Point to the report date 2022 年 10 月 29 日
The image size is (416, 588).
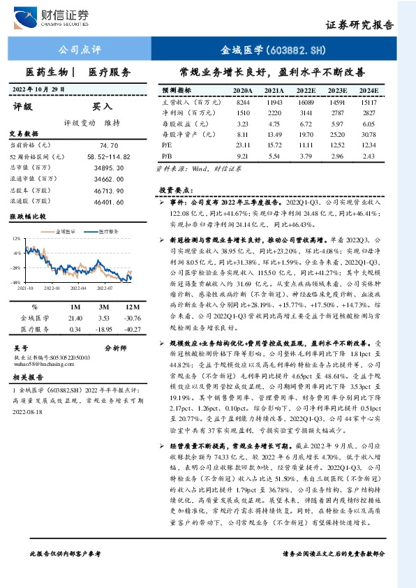pos(43,89)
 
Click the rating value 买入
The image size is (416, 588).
pos(102,107)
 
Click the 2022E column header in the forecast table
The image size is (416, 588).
pos(305,91)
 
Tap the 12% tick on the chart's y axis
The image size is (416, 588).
pos(16,239)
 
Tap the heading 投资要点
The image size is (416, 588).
pos(174,190)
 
